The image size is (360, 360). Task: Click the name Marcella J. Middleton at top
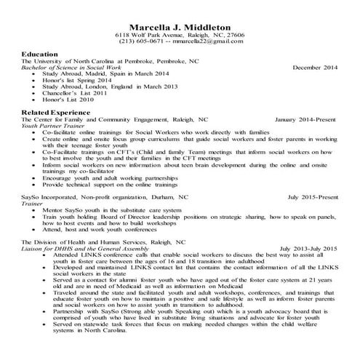click(180, 24)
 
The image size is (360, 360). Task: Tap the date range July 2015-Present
click(313, 196)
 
